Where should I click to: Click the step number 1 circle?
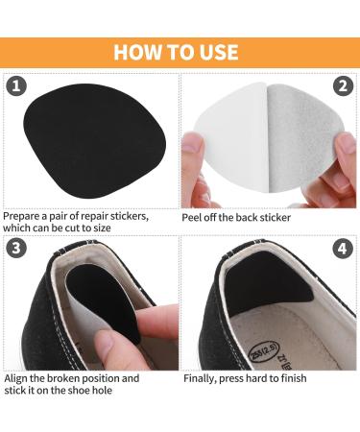[16, 86]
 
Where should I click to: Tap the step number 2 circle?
[343, 86]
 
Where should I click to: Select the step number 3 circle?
[16, 248]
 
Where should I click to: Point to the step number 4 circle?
[343, 249]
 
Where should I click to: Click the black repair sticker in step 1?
[95, 141]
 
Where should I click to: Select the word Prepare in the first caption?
[25, 216]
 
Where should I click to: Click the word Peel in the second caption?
[191, 218]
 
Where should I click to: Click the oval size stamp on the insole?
[264, 351]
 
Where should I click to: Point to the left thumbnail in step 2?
[193, 143]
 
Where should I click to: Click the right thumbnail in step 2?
[346, 145]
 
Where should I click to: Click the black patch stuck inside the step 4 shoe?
[266, 281]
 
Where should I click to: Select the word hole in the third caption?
[102, 391]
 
